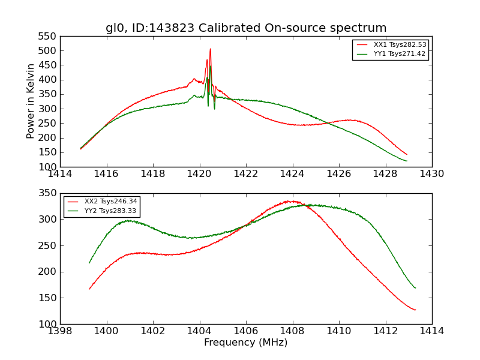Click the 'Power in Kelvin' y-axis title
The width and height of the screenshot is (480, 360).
coord(31,101)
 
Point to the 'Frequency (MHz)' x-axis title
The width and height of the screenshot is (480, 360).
coord(246,343)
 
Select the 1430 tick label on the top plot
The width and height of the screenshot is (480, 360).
coord(432,174)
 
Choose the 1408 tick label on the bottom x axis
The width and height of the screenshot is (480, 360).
coord(292,331)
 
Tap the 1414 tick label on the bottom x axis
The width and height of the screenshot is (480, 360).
coord(432,331)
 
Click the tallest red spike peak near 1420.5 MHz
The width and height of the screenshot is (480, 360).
coord(210,49)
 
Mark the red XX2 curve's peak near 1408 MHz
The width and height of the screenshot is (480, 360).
coord(291,202)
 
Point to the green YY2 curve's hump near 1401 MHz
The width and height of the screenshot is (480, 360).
coord(128,221)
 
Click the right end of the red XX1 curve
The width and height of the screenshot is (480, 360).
coord(407,154)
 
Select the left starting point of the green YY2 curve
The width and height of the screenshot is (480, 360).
coord(89,263)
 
